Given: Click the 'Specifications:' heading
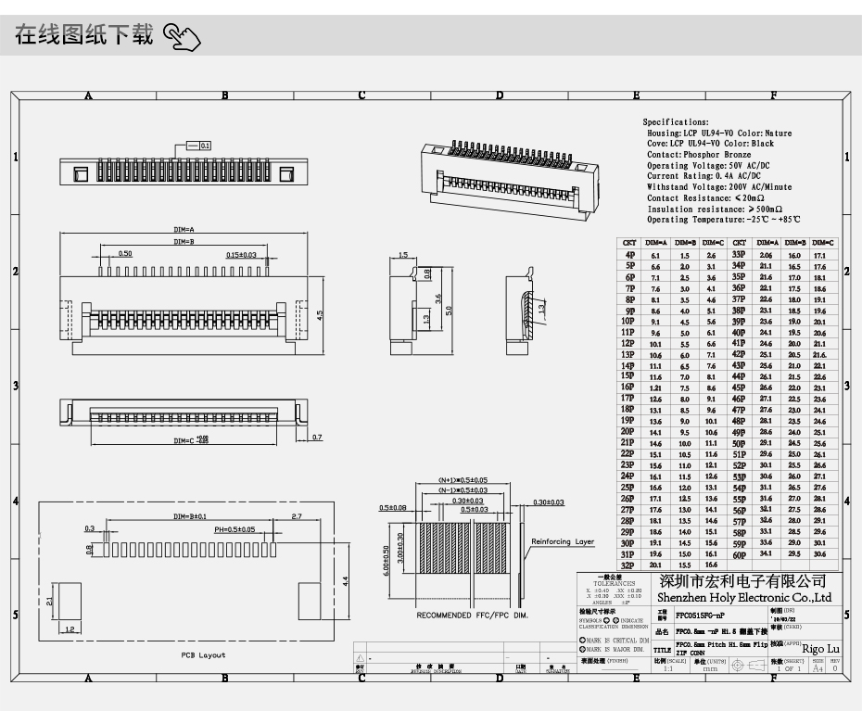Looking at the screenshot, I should point(676,122).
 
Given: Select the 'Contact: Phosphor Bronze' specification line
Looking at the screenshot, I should point(699,155).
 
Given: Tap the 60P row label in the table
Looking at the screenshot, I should point(740,554).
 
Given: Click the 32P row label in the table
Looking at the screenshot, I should point(627,565).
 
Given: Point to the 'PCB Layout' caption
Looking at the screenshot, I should point(203,654).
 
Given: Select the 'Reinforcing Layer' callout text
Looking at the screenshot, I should point(563,541).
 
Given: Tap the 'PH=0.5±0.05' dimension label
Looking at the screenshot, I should point(235,529).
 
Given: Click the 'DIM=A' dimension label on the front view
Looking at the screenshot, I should point(183,229).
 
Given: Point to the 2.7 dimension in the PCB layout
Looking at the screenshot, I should point(297,515).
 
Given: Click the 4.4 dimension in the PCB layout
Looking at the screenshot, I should point(344,580).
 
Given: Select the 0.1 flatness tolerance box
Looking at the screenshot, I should point(205,146).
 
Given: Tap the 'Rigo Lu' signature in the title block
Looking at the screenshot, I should point(820,648).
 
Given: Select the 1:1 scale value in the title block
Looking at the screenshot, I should point(667,667).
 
